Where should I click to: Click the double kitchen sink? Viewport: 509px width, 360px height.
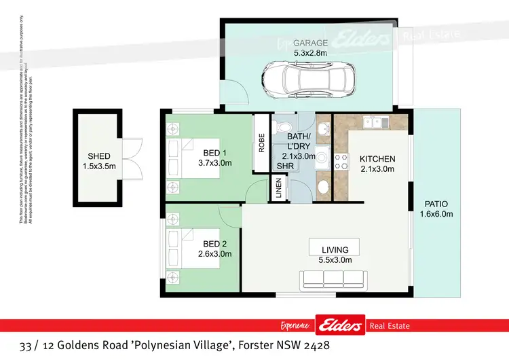coord(373,122)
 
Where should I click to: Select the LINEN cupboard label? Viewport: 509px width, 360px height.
coord(278,189)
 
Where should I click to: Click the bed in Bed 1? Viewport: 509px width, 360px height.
coord(193,158)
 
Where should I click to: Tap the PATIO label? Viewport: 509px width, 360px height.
coord(436,203)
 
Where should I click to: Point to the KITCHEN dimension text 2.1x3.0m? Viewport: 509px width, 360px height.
coord(377,169)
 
